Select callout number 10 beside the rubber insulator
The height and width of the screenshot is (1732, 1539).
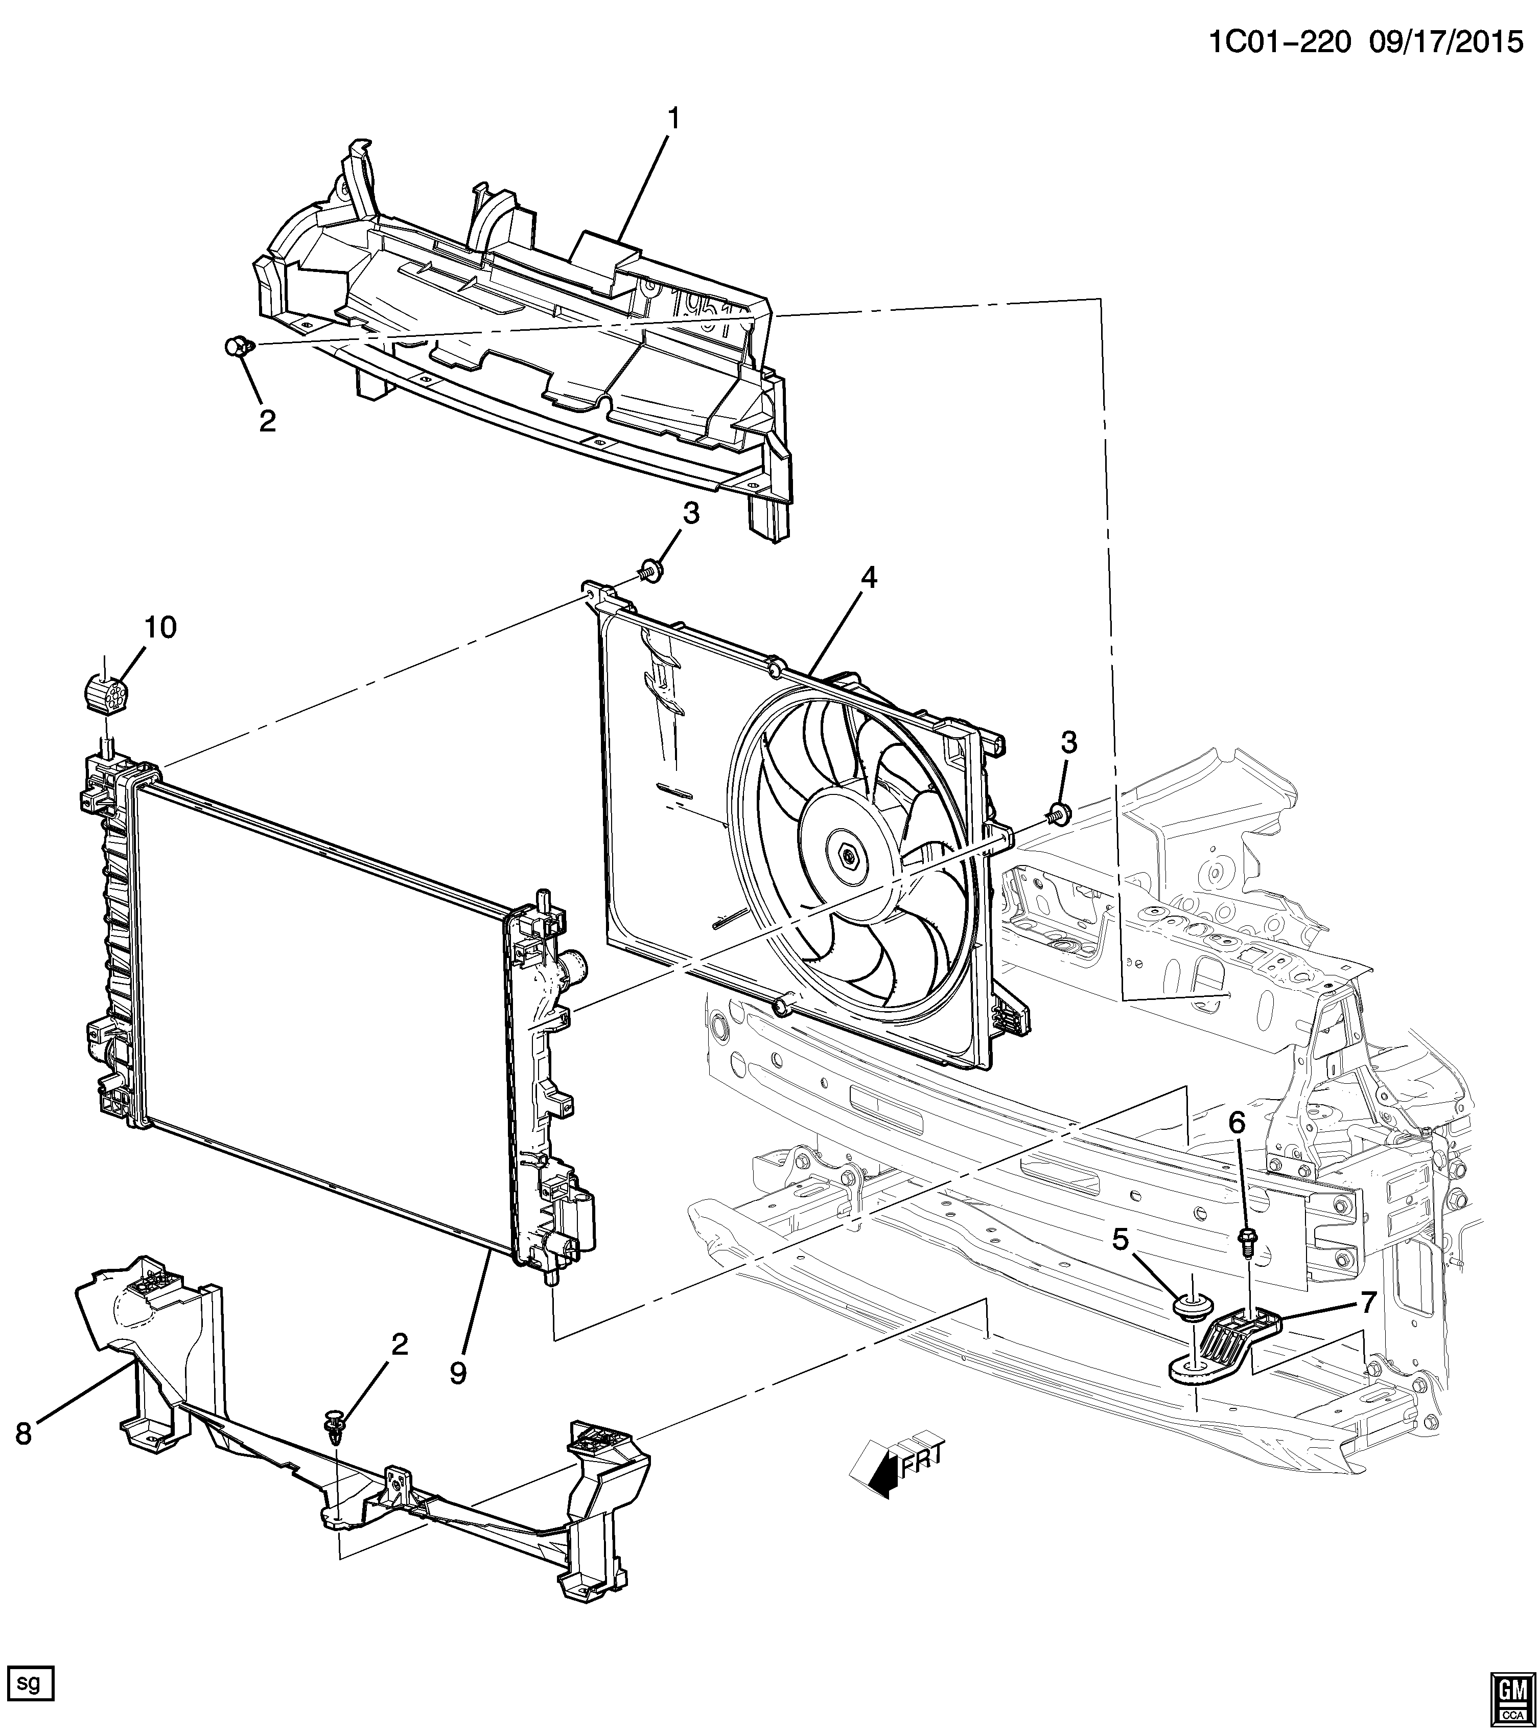(160, 628)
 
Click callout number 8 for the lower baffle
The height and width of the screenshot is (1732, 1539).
(24, 1433)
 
